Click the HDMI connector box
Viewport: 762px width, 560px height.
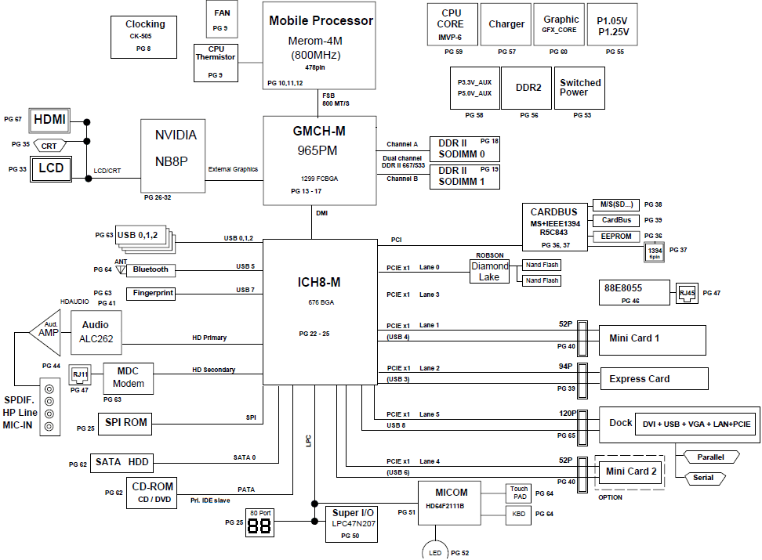(49, 121)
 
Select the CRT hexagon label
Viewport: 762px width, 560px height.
(49, 146)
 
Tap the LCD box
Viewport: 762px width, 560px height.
(51, 169)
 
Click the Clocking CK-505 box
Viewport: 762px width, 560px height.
(143, 37)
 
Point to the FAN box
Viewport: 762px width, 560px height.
(222, 19)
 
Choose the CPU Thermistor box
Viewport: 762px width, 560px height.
(216, 63)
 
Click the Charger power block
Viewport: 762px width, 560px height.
(506, 24)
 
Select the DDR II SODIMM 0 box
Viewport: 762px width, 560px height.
(465, 149)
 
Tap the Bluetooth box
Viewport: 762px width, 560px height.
(151, 269)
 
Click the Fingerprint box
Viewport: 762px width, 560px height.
(151, 294)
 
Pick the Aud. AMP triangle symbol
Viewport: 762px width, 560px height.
(45, 333)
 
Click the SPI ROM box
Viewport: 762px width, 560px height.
(125, 424)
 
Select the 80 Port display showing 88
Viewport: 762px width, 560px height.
(260, 522)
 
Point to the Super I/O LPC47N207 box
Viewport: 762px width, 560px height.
(352, 524)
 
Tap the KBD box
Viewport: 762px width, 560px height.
(519, 514)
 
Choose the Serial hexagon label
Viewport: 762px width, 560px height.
(704, 479)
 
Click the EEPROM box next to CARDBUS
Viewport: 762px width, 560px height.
(616, 237)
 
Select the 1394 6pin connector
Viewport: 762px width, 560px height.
(655, 252)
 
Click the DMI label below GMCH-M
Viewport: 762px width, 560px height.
(321, 213)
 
